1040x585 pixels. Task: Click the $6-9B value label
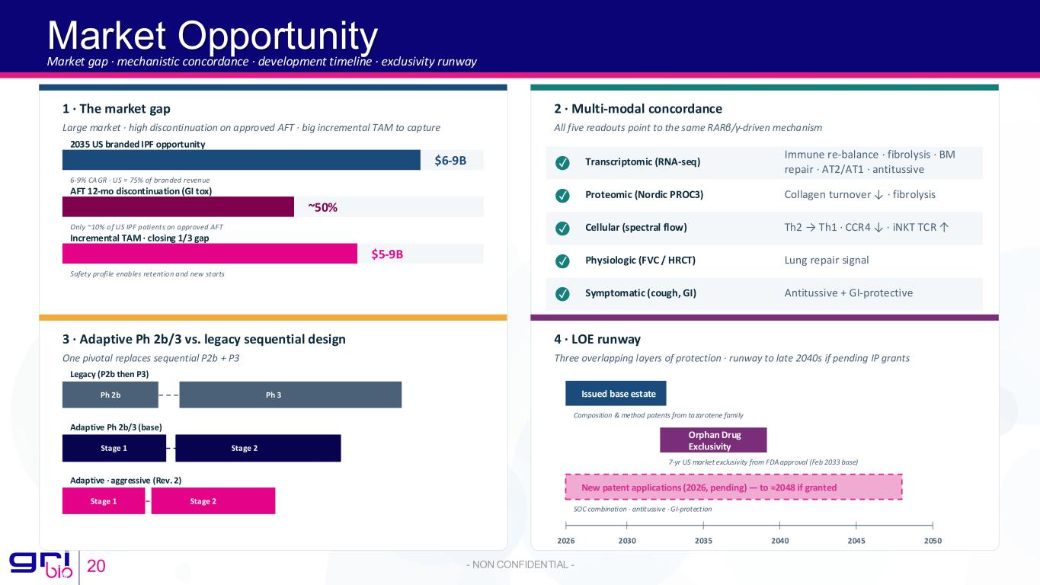click(450, 160)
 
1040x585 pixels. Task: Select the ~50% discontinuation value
click(323, 207)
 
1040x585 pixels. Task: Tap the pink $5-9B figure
click(387, 254)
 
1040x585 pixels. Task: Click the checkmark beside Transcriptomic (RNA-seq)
click(562, 162)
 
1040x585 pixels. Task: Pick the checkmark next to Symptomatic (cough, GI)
click(562, 293)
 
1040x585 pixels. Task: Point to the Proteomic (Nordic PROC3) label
click(644, 194)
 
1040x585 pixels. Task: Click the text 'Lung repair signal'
click(827, 260)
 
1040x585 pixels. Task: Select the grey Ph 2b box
click(110, 395)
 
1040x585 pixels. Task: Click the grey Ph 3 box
click(290, 395)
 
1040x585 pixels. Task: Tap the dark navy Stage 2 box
click(258, 448)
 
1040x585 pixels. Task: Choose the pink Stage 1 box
click(104, 501)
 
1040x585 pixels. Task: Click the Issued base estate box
click(616, 393)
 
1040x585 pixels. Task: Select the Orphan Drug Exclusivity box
click(713, 440)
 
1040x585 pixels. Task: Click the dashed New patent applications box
click(734, 487)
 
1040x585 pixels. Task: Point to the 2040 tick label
click(780, 540)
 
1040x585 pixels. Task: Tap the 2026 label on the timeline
click(566, 540)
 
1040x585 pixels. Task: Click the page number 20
click(96, 566)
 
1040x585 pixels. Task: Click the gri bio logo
click(41, 564)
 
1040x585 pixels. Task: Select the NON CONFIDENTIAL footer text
click(520, 564)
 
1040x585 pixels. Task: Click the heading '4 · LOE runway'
click(597, 340)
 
